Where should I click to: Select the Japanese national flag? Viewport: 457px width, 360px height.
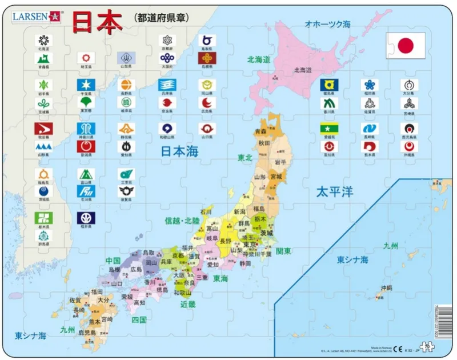406,45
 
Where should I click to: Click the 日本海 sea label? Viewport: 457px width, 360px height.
180,150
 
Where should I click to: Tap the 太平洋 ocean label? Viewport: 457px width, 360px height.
335,191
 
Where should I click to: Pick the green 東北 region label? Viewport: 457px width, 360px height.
245,158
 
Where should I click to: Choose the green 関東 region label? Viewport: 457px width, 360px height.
284,251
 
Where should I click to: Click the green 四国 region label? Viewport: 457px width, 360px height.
138,319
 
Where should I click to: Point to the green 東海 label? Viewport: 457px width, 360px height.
221,278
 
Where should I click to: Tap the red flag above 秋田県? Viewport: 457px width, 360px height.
43,129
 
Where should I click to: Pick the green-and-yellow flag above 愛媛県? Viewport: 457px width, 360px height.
329,128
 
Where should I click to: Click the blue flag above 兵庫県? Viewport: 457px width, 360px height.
167,85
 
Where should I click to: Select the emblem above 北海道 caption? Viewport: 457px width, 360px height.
43,40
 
